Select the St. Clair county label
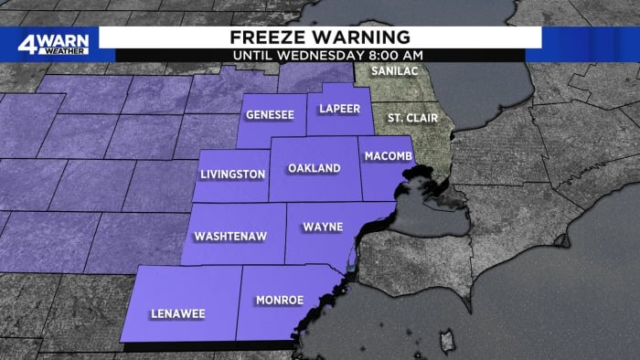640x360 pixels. coord(411,118)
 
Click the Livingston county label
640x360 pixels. coord(233,175)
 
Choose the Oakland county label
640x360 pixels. coord(314,169)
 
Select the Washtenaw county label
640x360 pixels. coord(230,236)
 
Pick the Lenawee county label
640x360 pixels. coord(178,313)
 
